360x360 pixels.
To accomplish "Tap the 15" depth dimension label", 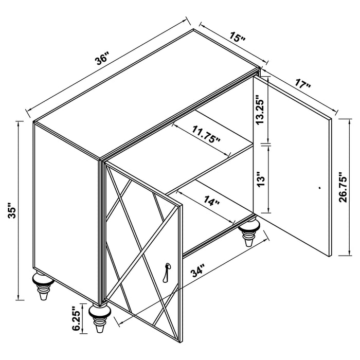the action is (x=237, y=37).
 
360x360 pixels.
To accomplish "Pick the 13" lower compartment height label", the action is (x=261, y=178).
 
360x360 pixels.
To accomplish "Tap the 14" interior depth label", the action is (x=212, y=200).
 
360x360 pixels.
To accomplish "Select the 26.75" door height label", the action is (x=343, y=187).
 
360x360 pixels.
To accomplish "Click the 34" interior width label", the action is (x=197, y=271).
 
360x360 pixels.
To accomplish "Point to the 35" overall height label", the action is (x=11, y=210).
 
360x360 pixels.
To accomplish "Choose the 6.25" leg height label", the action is (x=77, y=318).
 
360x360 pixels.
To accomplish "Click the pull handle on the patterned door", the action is (x=166, y=273).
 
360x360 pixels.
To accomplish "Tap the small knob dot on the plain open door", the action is (x=320, y=188).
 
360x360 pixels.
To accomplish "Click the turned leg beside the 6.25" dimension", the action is (x=99, y=317).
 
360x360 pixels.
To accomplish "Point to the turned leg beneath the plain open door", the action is (x=248, y=231).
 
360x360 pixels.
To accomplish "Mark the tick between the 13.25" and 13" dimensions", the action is (x=266, y=145).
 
